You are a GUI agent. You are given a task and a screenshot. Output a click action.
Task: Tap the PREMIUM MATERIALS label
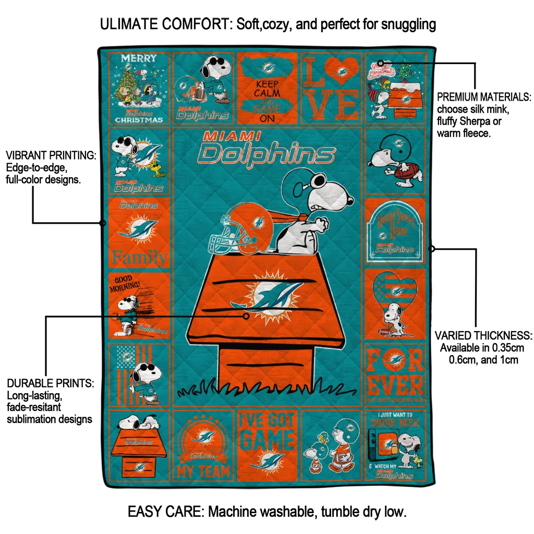[483, 97]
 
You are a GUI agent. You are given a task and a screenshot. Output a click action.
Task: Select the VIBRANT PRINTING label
[51, 155]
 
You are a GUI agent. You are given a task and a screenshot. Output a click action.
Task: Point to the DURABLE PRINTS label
[50, 383]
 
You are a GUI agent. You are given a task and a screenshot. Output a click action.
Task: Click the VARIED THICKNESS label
[483, 335]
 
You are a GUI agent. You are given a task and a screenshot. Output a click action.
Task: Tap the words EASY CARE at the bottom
[166, 512]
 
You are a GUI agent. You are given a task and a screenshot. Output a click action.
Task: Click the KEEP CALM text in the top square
[267, 88]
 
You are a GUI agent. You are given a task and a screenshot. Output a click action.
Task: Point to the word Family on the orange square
[140, 257]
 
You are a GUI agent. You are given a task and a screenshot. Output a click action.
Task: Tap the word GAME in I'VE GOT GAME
[268, 440]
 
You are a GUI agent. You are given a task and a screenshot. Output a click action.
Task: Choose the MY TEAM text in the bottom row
[203, 472]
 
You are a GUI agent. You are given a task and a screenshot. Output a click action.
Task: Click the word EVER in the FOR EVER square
[395, 385]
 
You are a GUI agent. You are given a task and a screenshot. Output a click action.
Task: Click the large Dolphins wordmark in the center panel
[267, 154]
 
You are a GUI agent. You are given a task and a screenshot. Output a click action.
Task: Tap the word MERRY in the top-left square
[139, 58]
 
